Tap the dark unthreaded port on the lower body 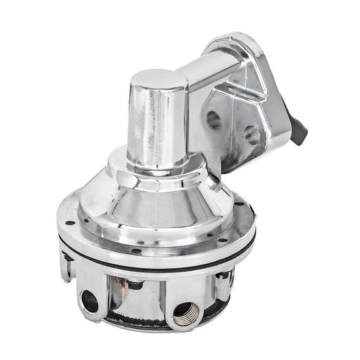pos(89,301)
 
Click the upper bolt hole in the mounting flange pos(214,119)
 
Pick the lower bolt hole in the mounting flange pos(252,135)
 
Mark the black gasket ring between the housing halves pos(156,262)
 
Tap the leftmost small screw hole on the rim pos(70,222)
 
